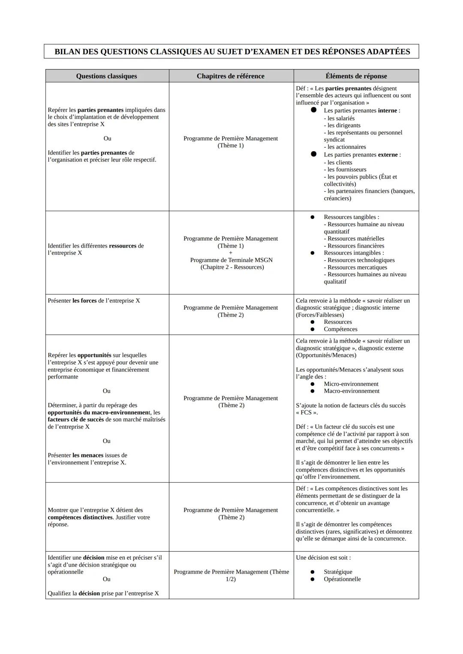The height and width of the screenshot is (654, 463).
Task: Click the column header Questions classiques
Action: [106, 76]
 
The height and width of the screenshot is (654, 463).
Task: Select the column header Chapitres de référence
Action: [230, 76]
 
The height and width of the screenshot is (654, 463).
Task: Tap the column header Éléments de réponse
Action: [356, 76]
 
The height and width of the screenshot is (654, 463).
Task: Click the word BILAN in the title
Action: [67, 52]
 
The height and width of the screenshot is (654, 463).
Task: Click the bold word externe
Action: [388, 155]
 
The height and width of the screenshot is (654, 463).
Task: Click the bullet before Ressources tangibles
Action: [313, 217]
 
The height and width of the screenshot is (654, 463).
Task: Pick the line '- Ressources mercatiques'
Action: [355, 267]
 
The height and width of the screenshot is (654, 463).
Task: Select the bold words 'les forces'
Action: [84, 301]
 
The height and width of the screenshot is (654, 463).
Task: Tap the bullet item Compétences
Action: [340, 329]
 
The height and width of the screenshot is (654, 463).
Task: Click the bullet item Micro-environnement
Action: [351, 384]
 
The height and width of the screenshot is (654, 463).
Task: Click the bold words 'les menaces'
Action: [88, 455]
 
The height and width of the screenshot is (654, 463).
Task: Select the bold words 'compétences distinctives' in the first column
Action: [80, 517]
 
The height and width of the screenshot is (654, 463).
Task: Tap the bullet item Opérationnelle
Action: [342, 579]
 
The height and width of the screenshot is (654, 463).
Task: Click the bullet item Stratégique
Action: [338, 572]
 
